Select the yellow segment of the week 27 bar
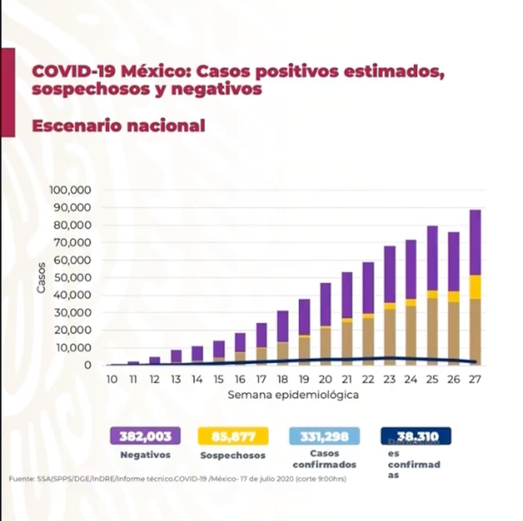point(475,287)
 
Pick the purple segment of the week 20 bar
point(325,304)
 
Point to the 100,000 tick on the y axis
point(71,190)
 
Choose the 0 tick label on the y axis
point(88,365)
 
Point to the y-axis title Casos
point(41,277)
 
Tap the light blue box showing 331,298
point(324,437)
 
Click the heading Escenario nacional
point(119,126)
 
